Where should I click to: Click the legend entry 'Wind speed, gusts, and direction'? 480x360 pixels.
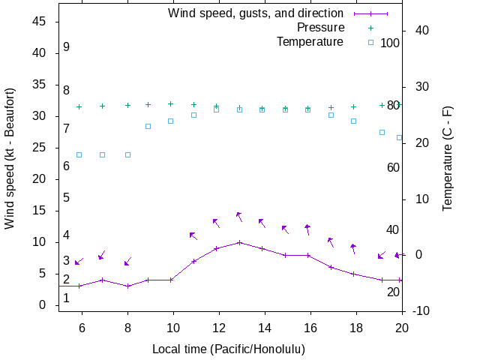[x=256, y=13]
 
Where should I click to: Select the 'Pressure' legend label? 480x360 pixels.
[x=320, y=28]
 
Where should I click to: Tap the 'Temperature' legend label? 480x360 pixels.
[x=310, y=42]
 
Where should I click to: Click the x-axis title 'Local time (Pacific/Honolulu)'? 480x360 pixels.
[x=229, y=349]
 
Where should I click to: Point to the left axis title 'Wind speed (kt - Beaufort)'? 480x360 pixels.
[x=10, y=158]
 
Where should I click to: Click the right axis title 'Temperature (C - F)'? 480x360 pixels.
[x=448, y=158]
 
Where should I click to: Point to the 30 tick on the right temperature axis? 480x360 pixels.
[x=417, y=86]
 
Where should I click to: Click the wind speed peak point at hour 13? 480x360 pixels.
[x=239, y=242]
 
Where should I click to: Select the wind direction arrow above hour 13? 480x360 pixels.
[x=238, y=216]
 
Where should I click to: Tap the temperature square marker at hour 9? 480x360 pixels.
[x=148, y=126]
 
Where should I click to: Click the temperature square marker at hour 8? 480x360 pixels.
[x=127, y=154]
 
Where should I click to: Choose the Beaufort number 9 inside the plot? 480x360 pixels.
[x=66, y=47]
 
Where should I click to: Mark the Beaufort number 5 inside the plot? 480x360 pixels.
[x=66, y=198]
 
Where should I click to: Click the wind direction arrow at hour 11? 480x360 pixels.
[x=193, y=235]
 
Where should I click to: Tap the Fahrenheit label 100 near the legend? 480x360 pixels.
[x=390, y=43]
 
